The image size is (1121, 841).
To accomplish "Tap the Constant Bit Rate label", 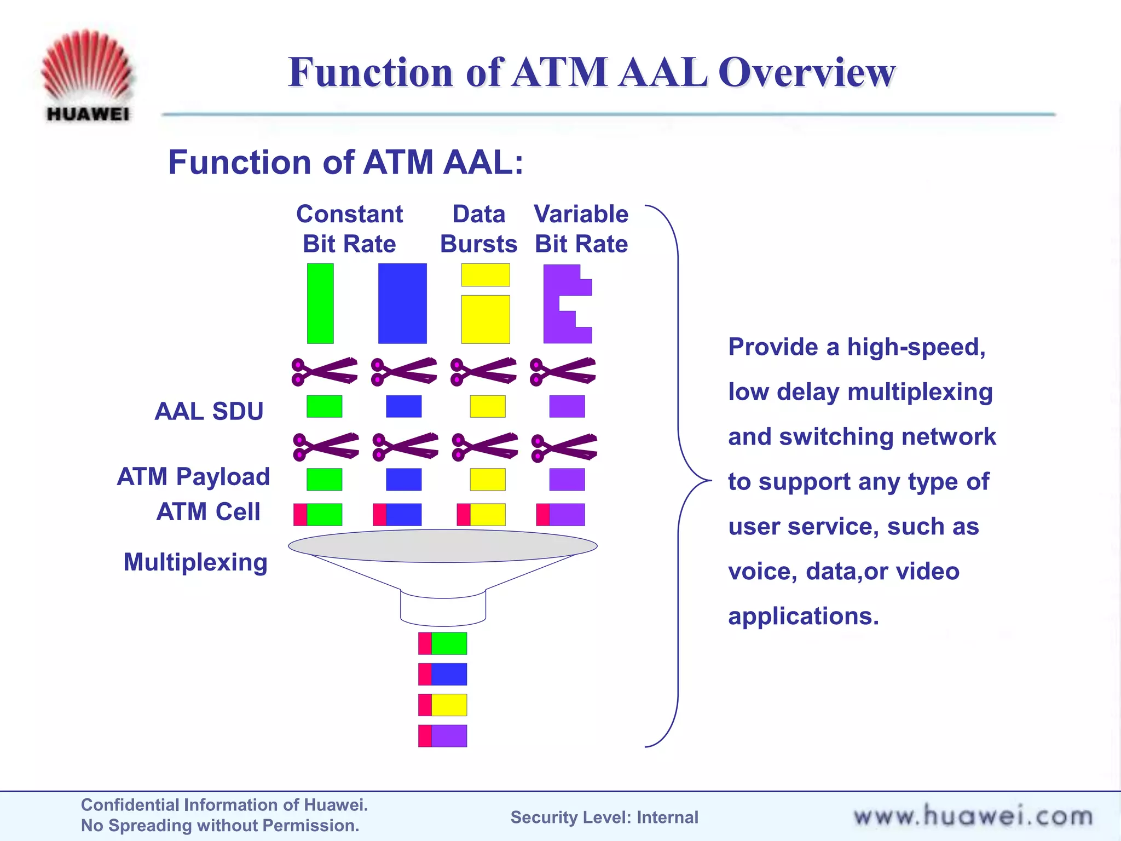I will tap(349, 229).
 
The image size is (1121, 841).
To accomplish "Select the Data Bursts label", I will tap(478, 229).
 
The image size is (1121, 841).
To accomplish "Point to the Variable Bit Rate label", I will tap(581, 229).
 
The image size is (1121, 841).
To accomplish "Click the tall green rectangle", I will tap(320, 303).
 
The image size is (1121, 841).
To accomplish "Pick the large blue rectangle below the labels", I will tap(402, 303).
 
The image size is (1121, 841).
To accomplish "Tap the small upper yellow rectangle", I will tap(486, 275).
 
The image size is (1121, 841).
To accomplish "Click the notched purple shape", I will tap(558, 304).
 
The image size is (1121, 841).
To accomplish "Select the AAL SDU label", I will tap(209, 411).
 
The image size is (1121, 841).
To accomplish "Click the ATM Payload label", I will tap(194, 476).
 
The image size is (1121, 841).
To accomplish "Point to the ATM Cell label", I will tap(208, 512).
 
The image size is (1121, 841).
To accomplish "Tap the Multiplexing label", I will tap(195, 562).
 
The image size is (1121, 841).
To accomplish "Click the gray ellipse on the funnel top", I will tap(442, 546).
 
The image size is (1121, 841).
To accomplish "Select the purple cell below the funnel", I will tap(443, 736).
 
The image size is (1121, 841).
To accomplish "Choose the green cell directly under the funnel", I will tap(443, 643).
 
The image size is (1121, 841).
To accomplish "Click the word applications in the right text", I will tap(803, 616).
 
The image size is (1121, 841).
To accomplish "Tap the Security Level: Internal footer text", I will tap(604, 817).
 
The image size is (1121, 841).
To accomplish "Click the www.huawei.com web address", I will tap(973, 816).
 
